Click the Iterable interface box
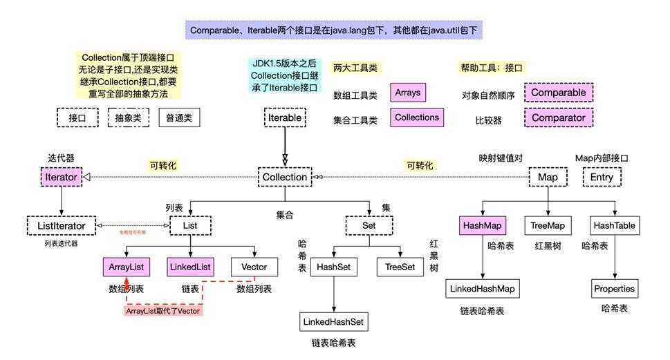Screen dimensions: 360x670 [284, 117]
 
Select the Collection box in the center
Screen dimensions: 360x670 [284, 177]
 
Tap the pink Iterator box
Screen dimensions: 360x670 [62, 177]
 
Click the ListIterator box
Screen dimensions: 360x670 [61, 225]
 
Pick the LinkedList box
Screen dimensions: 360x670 [189, 266]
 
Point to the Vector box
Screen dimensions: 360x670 [254, 266]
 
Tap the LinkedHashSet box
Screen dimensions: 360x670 [334, 321]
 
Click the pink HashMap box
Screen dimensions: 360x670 [483, 225]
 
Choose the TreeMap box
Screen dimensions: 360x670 [548, 225]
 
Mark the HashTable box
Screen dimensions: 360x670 [614, 225]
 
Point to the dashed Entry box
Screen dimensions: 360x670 [602, 177]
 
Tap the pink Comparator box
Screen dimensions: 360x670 [559, 117]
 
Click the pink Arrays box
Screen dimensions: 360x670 [407, 92]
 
